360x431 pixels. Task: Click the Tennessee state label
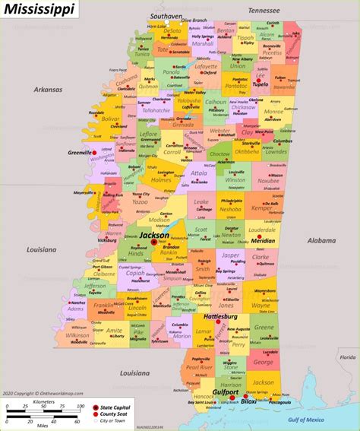(x=263, y=11)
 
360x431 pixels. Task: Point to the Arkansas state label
(x=46, y=89)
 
